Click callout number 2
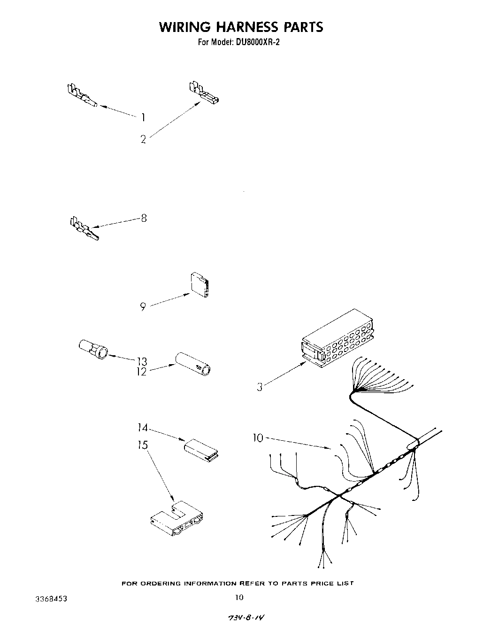coord(143,139)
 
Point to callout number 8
coord(144,218)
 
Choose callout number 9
coord(143,307)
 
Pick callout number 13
coord(142,361)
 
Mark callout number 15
coord(143,445)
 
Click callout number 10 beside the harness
coord(258,438)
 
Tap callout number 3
coord(260,388)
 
